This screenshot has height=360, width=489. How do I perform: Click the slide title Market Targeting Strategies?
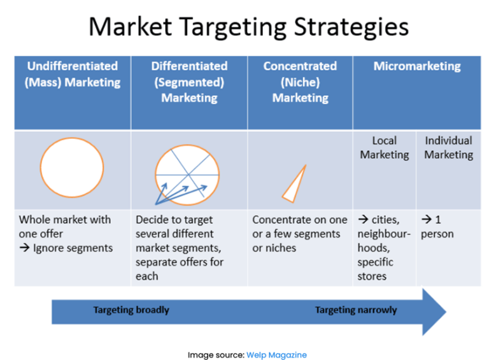[248, 27]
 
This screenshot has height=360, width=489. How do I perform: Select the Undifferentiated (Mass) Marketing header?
[73, 74]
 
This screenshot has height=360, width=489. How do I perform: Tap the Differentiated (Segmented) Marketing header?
[189, 82]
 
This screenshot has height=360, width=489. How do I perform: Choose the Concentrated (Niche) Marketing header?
[300, 82]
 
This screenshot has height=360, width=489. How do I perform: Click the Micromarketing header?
[417, 66]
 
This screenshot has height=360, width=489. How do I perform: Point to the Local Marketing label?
[385, 147]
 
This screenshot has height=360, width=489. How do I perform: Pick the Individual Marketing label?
[449, 147]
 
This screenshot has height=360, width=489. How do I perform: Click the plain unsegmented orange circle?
[72, 167]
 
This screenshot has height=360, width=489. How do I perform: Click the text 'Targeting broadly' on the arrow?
[131, 310]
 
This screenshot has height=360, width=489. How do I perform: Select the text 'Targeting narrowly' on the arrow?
[356, 310]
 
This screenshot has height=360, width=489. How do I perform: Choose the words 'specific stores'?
[375, 269]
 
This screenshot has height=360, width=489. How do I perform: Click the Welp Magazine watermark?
[276, 355]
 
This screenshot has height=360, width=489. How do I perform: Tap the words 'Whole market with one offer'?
[64, 226]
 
